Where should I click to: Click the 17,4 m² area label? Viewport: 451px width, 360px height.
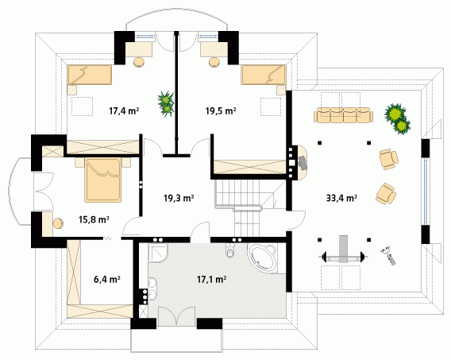(x=124, y=110)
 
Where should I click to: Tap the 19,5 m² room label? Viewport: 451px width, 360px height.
(x=221, y=110)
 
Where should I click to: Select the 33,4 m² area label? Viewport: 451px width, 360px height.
(x=341, y=198)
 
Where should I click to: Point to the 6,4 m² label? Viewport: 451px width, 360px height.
(x=107, y=279)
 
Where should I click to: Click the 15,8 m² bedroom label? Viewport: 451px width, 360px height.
(x=94, y=219)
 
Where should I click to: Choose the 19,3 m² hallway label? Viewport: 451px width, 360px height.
(x=179, y=198)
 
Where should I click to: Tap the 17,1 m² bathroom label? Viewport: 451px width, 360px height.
(x=211, y=279)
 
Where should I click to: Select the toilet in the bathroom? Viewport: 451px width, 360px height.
(x=230, y=250)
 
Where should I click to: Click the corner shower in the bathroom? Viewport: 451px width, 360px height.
(x=158, y=254)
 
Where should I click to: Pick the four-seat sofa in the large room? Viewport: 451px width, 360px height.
(x=344, y=115)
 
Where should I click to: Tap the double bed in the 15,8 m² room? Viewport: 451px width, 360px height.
(x=102, y=179)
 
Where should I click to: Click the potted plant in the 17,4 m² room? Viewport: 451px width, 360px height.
(x=166, y=103)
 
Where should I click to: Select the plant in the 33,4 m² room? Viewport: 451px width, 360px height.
(x=397, y=118)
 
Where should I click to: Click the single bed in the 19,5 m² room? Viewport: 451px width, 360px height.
(x=264, y=75)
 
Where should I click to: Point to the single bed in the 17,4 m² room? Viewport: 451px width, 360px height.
(x=90, y=75)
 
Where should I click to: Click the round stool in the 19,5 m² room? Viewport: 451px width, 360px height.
(x=214, y=63)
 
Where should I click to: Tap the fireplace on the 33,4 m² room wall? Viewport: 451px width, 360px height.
(x=299, y=163)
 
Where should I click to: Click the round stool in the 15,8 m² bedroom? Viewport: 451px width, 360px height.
(x=58, y=224)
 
